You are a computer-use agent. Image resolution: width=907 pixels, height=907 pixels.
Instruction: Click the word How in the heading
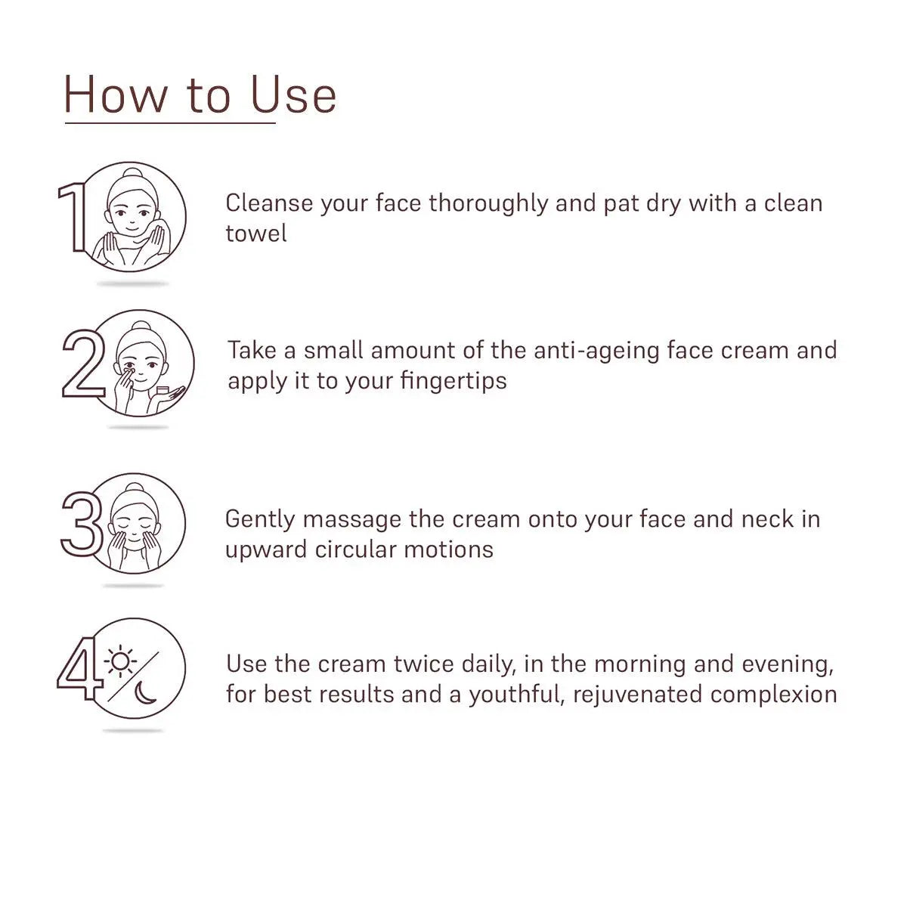pyautogui.click(x=116, y=96)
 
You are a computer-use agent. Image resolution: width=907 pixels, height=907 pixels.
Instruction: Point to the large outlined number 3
pyautogui.click(x=81, y=523)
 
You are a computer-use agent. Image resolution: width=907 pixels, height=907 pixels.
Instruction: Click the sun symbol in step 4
pyautogui.click(x=120, y=661)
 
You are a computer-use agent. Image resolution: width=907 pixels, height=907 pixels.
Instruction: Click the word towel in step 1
pyautogui.click(x=256, y=234)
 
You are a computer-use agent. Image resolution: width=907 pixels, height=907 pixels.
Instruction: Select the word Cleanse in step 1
pyautogui.click(x=269, y=203)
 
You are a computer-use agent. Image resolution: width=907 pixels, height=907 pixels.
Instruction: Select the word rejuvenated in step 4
pyautogui.click(x=637, y=695)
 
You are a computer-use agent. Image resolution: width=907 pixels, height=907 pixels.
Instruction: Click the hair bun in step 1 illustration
pyautogui.click(x=132, y=173)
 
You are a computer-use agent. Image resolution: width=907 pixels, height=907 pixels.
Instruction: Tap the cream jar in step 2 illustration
pyautogui.click(x=162, y=391)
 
